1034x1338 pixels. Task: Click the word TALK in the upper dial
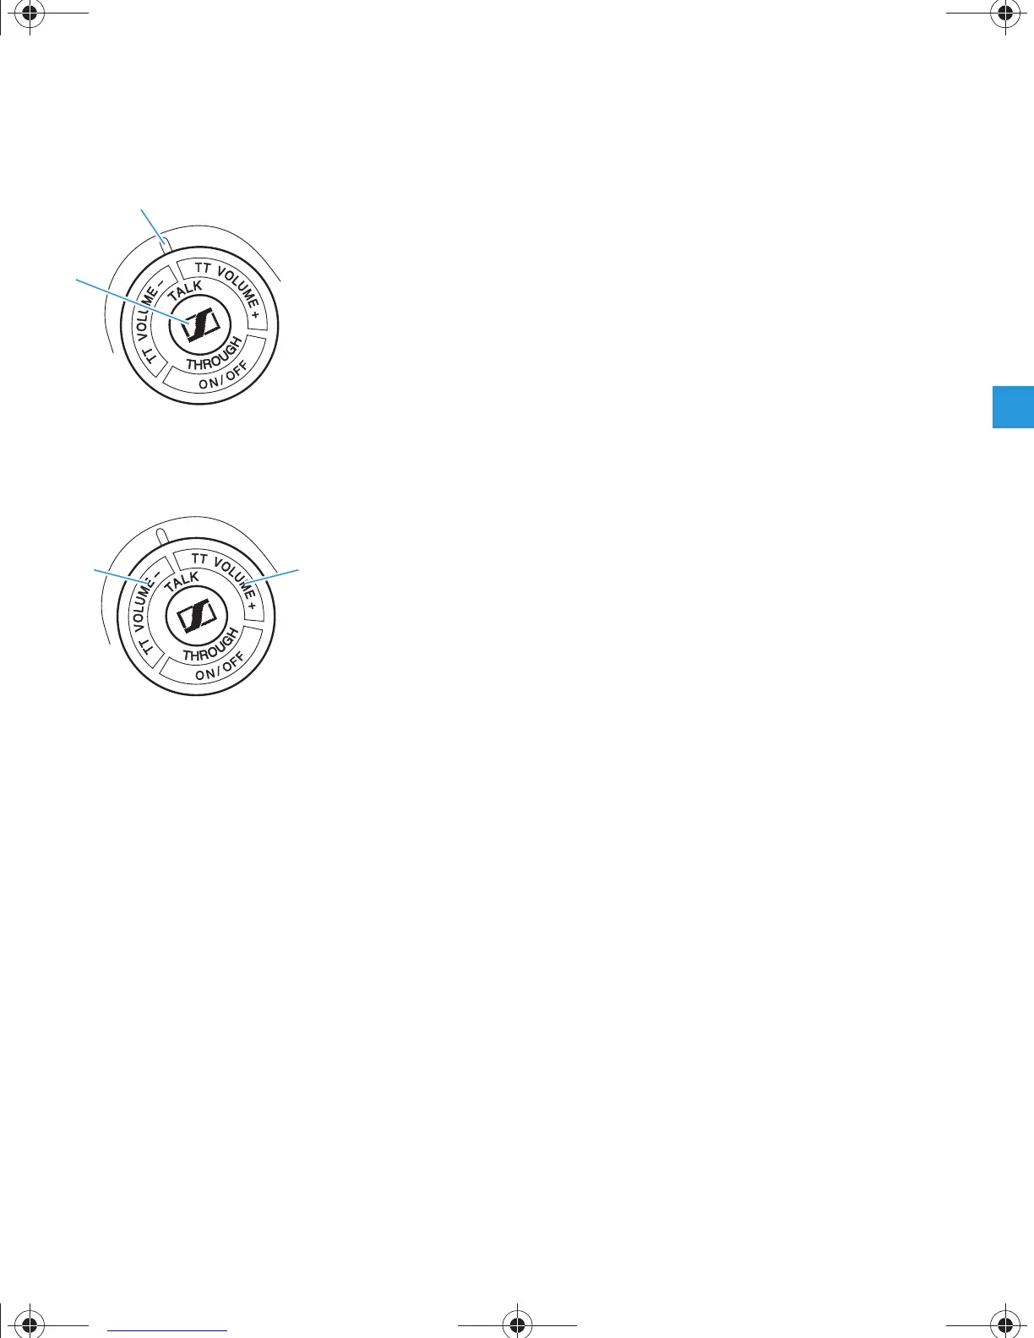point(185,291)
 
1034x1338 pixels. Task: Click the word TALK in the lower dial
point(182,582)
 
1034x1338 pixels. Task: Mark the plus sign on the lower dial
point(252,606)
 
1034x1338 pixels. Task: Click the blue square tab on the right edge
point(1013,407)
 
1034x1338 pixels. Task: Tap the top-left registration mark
point(30,14)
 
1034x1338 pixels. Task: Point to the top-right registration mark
point(1004,14)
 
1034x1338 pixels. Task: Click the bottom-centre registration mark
point(517,1324)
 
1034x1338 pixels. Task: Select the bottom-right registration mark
point(1004,1324)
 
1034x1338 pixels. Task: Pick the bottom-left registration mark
point(30,1324)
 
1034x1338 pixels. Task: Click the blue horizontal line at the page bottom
point(168,1330)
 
